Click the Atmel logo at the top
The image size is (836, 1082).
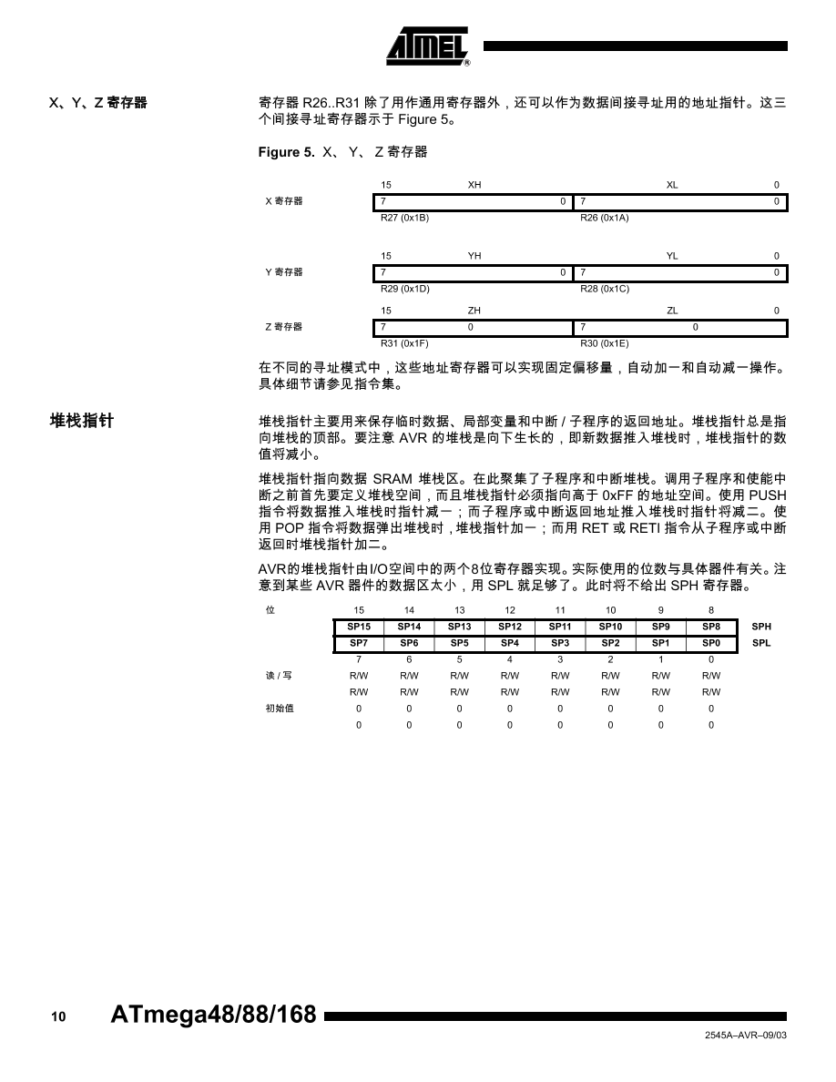[428, 46]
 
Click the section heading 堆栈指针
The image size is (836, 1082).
[82, 421]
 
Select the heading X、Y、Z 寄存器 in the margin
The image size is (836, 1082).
[97, 104]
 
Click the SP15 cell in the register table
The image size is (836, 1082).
[359, 627]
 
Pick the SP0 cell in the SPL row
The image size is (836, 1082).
[711, 643]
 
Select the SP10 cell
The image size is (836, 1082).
[610, 627]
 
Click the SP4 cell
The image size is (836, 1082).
[510, 643]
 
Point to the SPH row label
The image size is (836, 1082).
[761, 627]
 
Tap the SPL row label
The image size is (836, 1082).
[761, 643]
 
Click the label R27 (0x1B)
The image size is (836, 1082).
[404, 218]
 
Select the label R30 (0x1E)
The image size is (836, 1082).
[605, 343]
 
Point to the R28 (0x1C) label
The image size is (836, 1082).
[605, 289]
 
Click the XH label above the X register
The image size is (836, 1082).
[474, 185]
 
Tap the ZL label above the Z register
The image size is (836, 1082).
[672, 311]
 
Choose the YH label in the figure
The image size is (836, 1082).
[474, 256]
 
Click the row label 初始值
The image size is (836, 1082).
[280, 708]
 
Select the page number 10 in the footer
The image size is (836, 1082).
[58, 1017]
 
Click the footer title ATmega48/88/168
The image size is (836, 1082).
[213, 1016]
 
